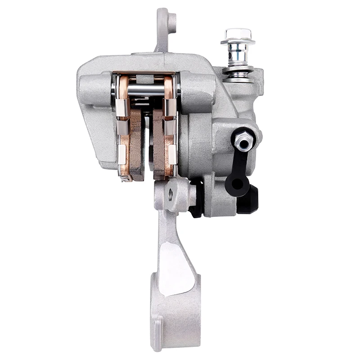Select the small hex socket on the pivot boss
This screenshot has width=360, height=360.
[x=171, y=194]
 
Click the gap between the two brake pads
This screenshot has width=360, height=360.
[x=148, y=144]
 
